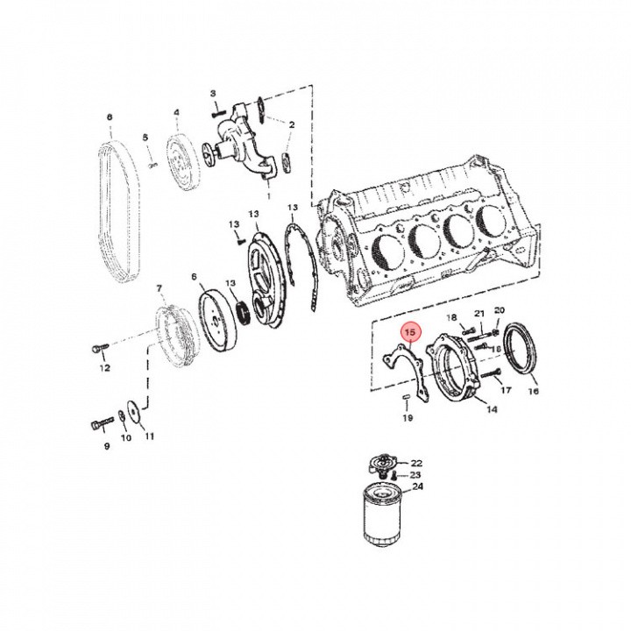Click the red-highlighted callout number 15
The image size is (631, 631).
(x=409, y=333)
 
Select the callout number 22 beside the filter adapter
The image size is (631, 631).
(x=416, y=462)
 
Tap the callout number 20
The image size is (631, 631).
(x=500, y=310)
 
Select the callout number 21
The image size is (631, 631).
(x=479, y=314)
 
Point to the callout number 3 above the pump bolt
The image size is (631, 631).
(x=213, y=94)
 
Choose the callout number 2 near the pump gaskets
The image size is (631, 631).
(x=292, y=125)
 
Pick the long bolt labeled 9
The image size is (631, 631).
(x=100, y=423)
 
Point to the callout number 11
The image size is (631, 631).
(x=149, y=436)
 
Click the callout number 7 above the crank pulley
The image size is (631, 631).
(x=159, y=287)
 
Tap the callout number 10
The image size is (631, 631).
(x=125, y=436)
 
